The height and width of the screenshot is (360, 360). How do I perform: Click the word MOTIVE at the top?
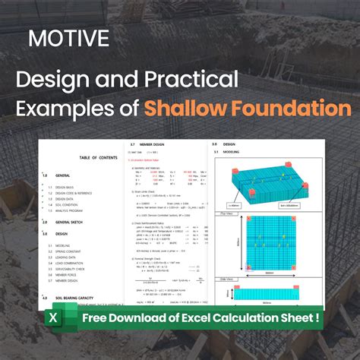68,37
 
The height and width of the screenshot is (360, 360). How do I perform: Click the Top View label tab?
226,214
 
